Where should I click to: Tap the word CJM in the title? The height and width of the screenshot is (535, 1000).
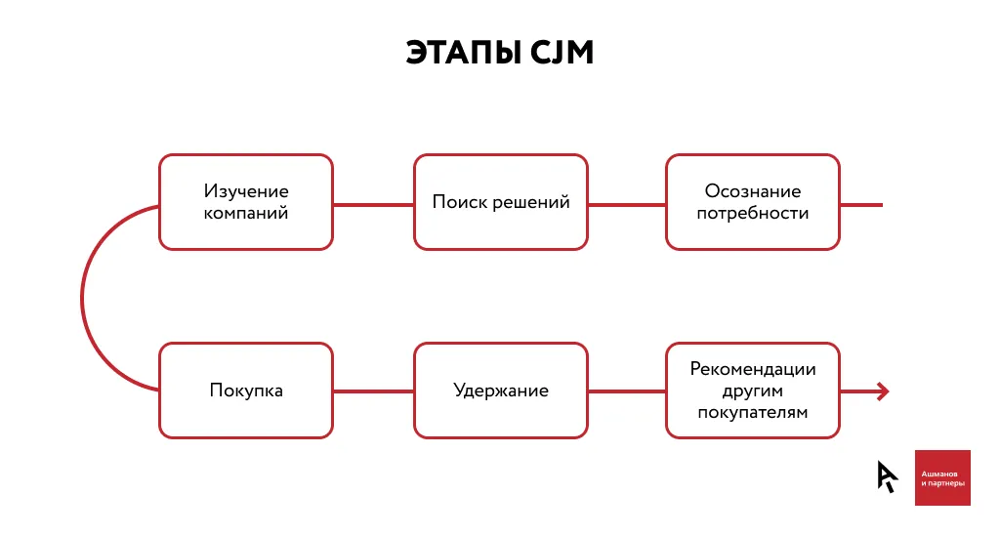[560, 53]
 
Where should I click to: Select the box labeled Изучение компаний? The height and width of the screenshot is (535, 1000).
[246, 202]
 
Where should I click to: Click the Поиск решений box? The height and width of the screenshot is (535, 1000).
[501, 202]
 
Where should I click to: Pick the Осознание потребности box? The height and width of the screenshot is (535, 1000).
[753, 202]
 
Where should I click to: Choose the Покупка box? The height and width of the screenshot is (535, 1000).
[246, 391]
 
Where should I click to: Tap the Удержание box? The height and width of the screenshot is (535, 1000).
[501, 391]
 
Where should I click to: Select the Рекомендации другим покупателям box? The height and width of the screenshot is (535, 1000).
[753, 391]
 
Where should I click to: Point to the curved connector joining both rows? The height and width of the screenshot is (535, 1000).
[83, 297]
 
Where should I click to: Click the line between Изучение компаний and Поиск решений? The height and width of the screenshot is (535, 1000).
[373, 205]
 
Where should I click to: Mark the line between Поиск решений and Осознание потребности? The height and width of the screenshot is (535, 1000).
[627, 205]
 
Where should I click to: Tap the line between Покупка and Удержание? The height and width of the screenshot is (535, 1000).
[373, 391]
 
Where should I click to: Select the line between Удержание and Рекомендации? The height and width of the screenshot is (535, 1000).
[627, 391]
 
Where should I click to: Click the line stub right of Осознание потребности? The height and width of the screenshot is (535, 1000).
[861, 205]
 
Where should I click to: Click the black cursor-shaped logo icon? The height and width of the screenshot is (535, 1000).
[886, 476]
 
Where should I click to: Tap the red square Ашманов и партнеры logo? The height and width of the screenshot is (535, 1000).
[942, 477]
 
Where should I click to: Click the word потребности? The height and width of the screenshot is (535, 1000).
[753, 213]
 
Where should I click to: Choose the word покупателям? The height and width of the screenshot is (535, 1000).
[753, 413]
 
